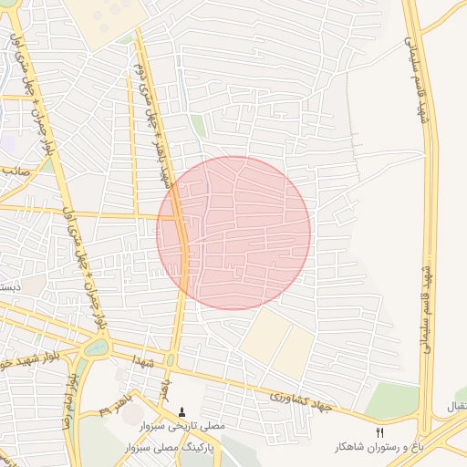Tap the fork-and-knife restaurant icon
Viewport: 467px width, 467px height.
[x=379, y=432]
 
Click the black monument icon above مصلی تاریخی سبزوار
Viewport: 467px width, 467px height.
[x=182, y=412]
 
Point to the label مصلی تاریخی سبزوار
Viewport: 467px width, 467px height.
[x=182, y=427]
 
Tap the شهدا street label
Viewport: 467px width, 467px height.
[x=139, y=352]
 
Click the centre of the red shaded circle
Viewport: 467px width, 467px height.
[x=233, y=233]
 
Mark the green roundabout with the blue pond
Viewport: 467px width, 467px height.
[x=96, y=348]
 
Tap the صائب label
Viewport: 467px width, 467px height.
[x=16, y=171]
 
